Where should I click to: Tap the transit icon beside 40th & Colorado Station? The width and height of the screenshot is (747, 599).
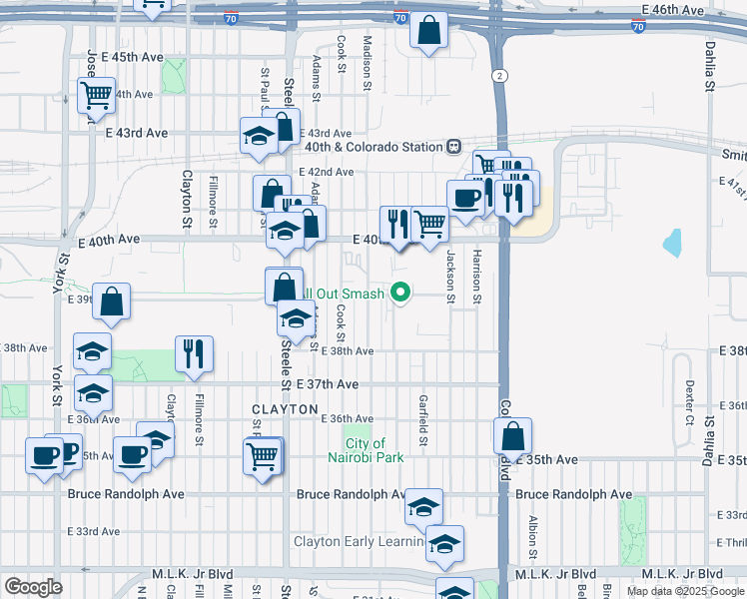click(x=453, y=147)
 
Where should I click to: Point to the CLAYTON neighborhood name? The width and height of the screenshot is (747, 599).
click(x=285, y=410)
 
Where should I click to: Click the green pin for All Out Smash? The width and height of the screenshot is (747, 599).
click(x=401, y=294)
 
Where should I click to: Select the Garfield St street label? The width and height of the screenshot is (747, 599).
click(x=423, y=420)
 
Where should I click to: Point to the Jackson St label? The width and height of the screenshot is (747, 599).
click(x=450, y=277)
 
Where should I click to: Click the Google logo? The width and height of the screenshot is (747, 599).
click(x=33, y=587)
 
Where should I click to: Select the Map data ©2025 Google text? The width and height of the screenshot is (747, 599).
click(x=684, y=591)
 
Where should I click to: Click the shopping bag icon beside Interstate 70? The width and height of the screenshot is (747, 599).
click(x=428, y=31)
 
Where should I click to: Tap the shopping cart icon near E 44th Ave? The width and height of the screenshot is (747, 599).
click(x=97, y=95)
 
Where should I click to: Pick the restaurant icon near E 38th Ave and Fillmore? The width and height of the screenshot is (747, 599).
click(x=194, y=353)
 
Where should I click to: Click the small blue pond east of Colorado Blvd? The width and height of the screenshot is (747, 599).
click(x=671, y=243)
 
